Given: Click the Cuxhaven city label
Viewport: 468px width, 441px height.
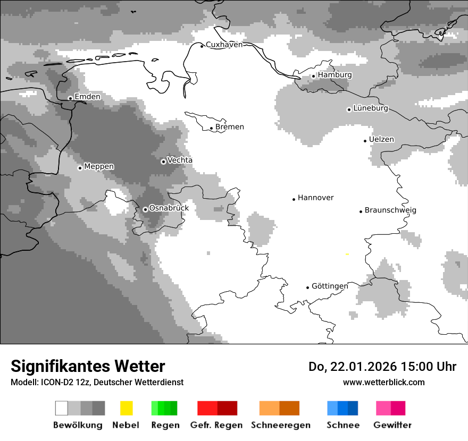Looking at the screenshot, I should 224,45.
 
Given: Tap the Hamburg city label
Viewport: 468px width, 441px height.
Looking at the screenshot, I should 335,75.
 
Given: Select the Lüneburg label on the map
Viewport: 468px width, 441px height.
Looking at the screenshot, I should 371,108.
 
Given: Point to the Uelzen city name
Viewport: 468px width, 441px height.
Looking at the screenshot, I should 381,139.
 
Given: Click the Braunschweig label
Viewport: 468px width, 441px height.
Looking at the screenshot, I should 390,210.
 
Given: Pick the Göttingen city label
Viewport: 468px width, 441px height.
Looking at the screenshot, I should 330,286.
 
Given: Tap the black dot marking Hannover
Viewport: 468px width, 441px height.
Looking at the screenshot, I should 294,199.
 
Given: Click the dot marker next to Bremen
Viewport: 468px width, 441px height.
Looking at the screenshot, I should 211,128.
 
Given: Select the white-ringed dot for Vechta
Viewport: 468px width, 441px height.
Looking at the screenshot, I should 163,162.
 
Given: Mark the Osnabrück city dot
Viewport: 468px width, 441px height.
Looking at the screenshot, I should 145,209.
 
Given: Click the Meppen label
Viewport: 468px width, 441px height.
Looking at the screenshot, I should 99,166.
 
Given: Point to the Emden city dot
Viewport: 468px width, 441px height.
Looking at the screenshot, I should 70,98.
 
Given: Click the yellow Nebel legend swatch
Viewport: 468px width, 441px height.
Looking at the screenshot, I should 126,408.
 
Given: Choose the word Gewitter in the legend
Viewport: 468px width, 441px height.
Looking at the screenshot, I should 392,425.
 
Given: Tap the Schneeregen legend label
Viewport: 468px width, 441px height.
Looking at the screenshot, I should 280,425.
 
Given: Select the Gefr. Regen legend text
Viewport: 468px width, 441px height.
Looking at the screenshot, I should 216,425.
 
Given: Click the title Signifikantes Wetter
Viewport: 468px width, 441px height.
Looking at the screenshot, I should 88,366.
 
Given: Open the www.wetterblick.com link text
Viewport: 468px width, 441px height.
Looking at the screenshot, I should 383,382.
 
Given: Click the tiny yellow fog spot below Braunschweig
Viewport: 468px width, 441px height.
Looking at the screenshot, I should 347,255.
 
